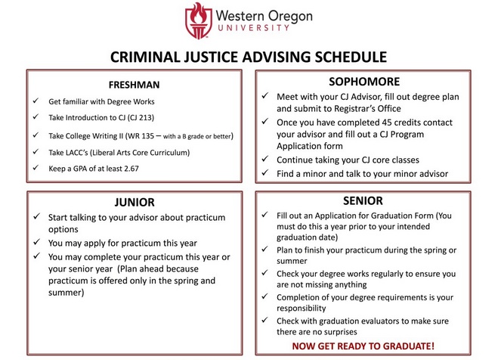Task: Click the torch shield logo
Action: (198, 20)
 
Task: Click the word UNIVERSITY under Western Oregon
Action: (254, 28)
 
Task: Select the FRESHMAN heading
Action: (134, 85)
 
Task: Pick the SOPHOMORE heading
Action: (364, 82)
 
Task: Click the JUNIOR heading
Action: (135, 202)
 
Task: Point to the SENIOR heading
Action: (363, 200)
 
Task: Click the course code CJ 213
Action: (141, 118)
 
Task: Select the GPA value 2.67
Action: (131, 169)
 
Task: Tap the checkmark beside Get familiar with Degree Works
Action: (36, 101)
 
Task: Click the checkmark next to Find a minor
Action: (265, 172)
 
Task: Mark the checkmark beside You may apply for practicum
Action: (37, 242)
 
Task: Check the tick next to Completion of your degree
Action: (264, 296)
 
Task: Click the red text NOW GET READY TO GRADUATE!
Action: (363, 346)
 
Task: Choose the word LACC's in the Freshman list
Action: (76, 153)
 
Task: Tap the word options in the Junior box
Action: (63, 230)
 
